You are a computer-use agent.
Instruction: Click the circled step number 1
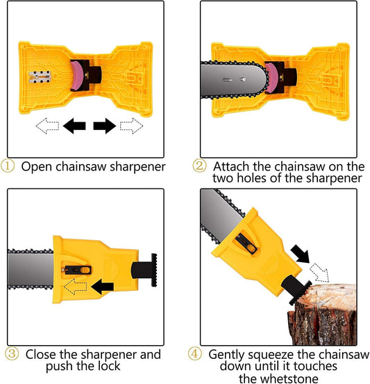click(x=7, y=166)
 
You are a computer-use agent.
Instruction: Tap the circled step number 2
click(x=199, y=166)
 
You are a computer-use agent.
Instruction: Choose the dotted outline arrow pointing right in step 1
click(x=130, y=127)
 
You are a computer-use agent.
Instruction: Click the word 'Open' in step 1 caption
click(x=34, y=166)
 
